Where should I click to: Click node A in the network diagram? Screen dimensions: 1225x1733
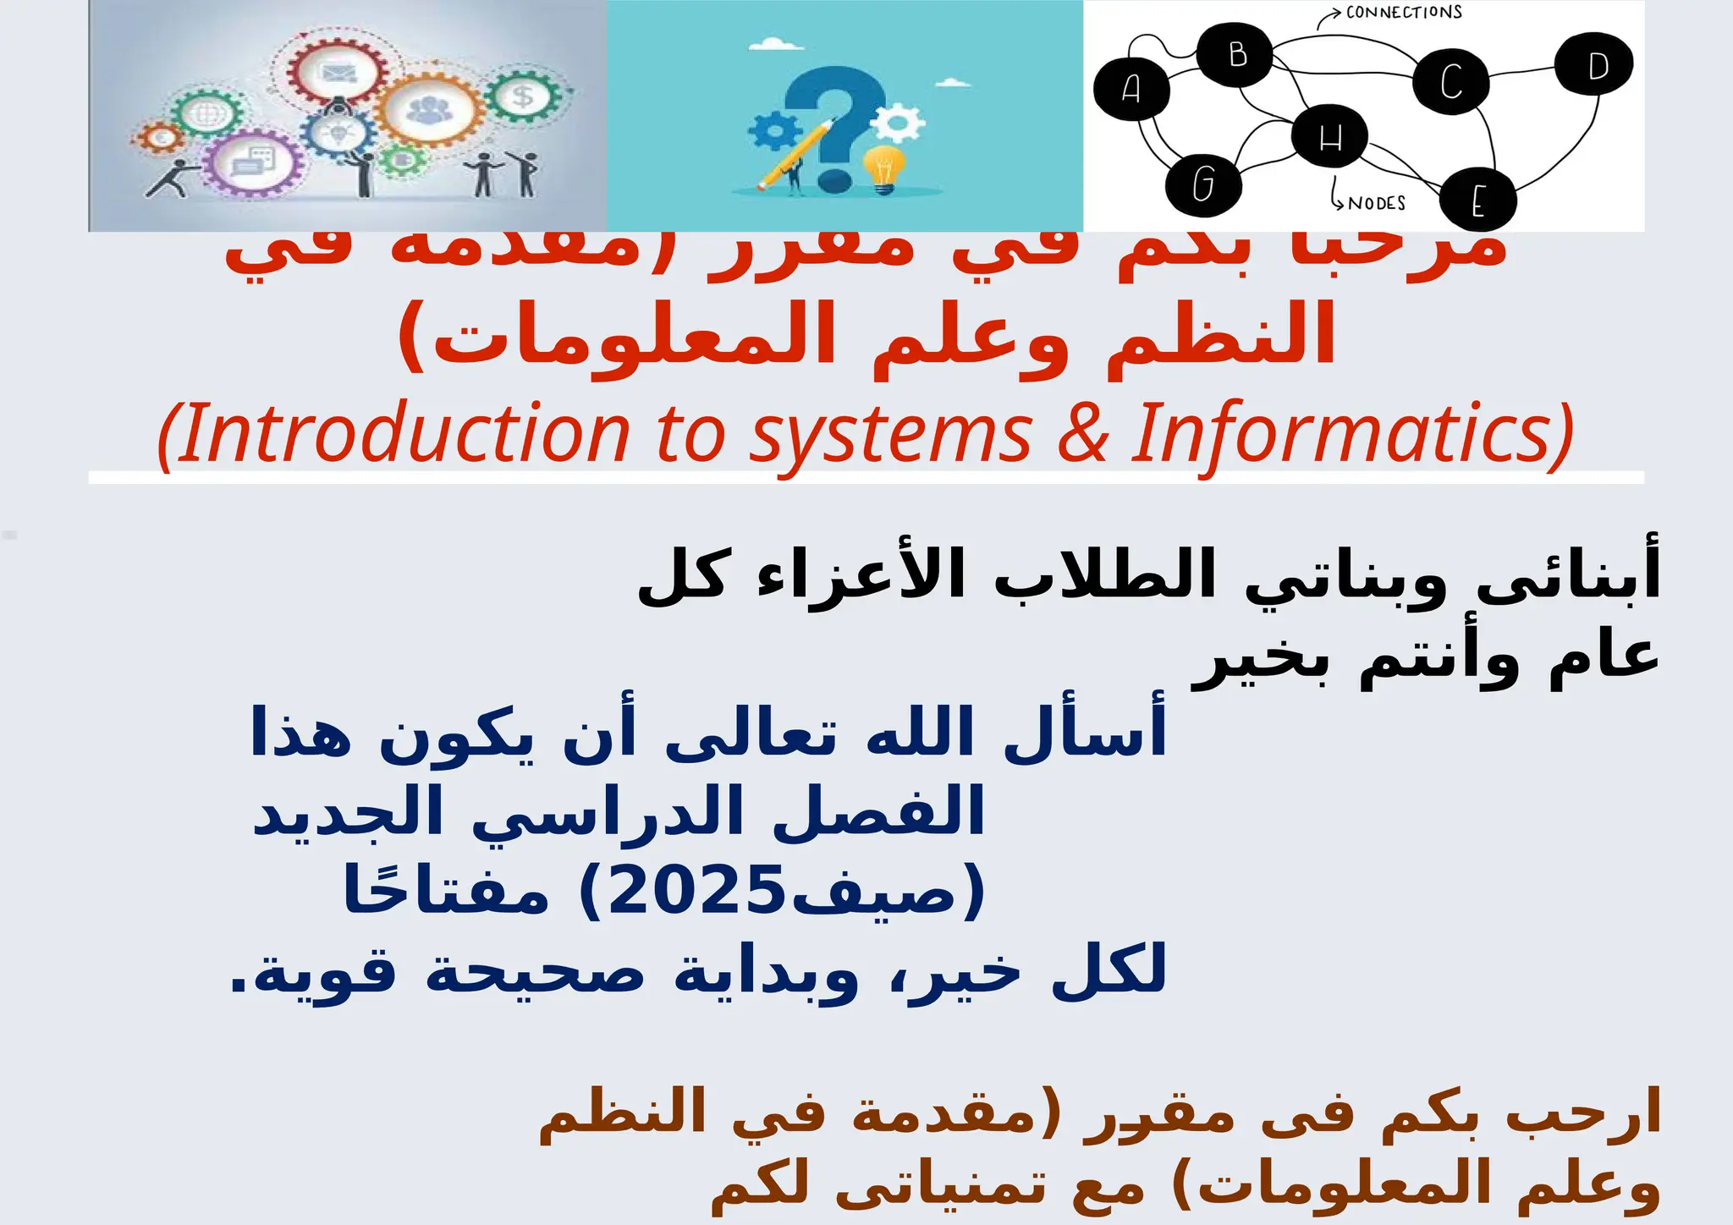tap(1131, 88)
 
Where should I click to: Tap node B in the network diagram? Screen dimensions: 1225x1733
tap(1236, 55)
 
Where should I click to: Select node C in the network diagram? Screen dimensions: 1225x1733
tap(1450, 82)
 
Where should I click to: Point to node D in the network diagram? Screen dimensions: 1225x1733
tap(1595, 65)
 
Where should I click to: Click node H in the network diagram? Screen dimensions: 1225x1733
tap(1329, 136)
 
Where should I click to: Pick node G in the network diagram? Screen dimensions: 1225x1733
tap(1202, 184)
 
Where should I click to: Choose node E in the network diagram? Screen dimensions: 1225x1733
tap(1477, 201)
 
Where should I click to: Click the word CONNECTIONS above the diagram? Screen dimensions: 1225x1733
tap(1404, 13)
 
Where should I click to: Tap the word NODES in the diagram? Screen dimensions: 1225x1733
tap(1376, 204)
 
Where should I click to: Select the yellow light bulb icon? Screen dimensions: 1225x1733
tap(883, 168)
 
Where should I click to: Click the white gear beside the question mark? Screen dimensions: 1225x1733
tap(898, 124)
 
